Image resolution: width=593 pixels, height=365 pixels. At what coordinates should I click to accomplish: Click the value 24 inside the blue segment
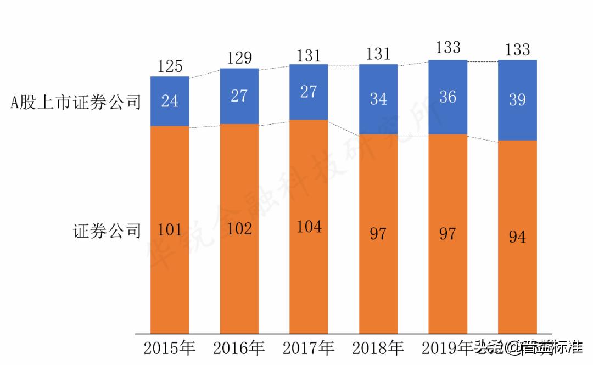tap(170, 102)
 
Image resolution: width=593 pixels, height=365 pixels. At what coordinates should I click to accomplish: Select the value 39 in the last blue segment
tap(517, 99)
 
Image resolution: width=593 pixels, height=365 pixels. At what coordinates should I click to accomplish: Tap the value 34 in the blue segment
tap(378, 99)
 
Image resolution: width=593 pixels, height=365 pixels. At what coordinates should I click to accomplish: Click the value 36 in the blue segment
tap(447, 97)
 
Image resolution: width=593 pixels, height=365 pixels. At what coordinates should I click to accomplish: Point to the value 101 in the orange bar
tap(170, 229)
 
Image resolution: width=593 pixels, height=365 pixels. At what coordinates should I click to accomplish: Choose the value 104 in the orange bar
tap(309, 226)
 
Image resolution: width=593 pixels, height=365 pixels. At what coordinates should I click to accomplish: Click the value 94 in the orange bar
tap(517, 237)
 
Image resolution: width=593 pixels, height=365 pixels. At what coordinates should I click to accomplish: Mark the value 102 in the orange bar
tap(239, 228)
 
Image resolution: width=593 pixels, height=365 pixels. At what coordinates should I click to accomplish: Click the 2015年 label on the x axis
tap(170, 348)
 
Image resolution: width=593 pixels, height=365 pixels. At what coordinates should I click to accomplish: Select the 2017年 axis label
tap(309, 348)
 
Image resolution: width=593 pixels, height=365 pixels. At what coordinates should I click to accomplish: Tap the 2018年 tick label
tap(378, 348)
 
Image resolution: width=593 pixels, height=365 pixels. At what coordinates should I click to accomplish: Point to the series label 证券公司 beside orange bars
tap(107, 231)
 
